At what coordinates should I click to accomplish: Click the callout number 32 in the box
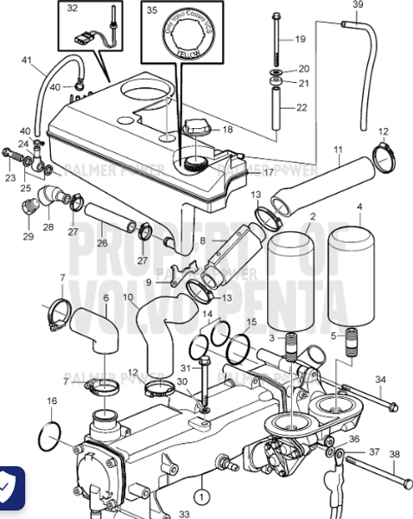[72, 9]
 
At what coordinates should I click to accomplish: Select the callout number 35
[153, 11]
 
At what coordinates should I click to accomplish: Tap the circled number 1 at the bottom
[200, 497]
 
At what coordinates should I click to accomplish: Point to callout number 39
[359, 5]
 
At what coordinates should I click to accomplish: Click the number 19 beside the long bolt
[300, 40]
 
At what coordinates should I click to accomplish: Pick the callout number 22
[302, 107]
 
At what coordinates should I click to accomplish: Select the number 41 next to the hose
[27, 61]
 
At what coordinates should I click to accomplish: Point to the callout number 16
[51, 400]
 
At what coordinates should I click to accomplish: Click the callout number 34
[381, 380]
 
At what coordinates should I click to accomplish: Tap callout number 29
[28, 236]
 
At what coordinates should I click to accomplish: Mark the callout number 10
[127, 298]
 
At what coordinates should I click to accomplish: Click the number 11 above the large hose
[339, 149]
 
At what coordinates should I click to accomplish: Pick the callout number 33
[183, 513]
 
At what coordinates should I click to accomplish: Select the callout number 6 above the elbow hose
[105, 298]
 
